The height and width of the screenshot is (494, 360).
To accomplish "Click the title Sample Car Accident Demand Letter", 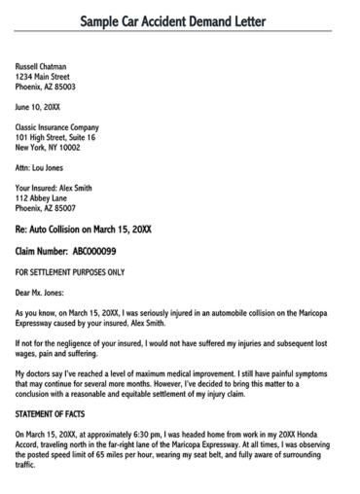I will point(179,20).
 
